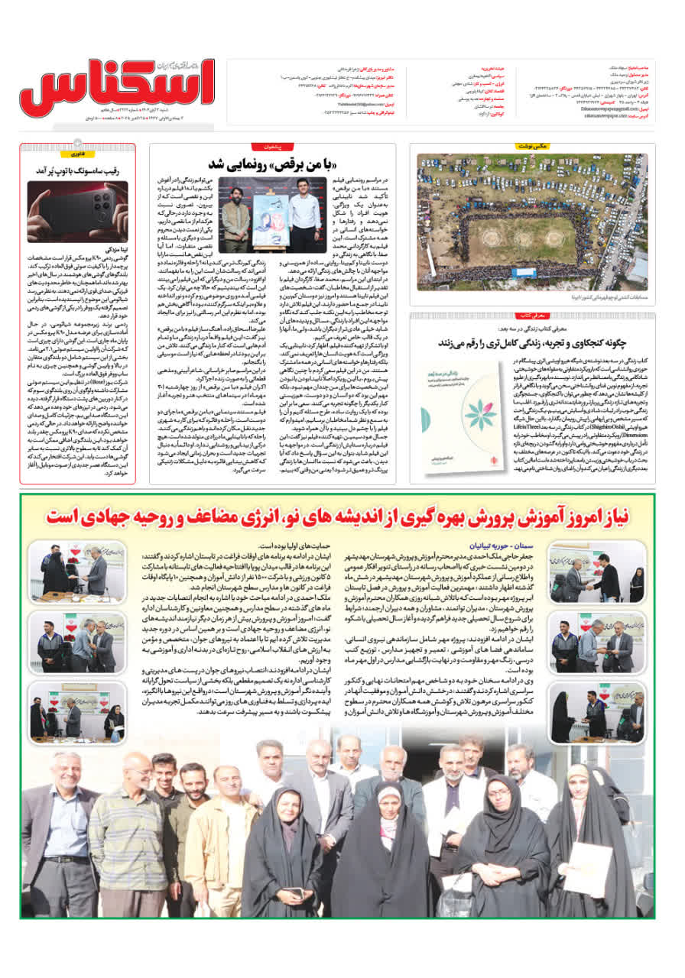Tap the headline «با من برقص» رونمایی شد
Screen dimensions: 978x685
click(274, 164)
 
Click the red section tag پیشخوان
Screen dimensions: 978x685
click(273, 145)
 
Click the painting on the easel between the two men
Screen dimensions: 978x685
click(271, 212)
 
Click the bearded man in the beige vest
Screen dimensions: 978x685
click(235, 208)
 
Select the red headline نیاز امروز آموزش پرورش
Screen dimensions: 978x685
click(337, 517)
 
